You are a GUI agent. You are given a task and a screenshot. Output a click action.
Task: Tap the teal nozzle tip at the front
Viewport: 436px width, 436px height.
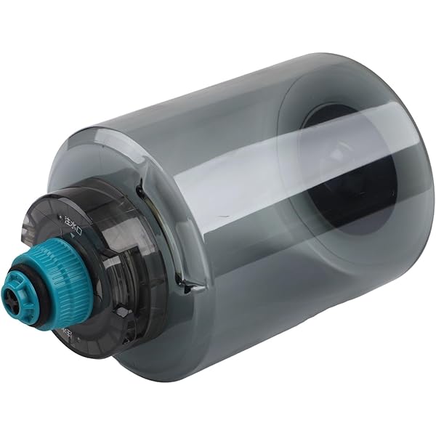pos(16,294)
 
